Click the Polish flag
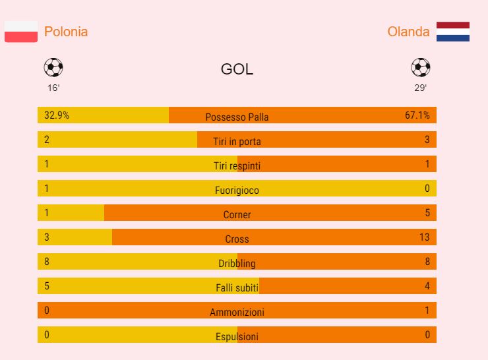coord(20,32)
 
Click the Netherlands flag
coord(453,32)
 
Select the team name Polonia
coord(66,32)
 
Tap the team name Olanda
coord(408,32)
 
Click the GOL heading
coord(237,70)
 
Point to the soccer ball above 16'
coord(53,67)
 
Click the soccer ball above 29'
coord(420,67)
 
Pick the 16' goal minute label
coord(53,88)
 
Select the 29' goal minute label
coord(420,88)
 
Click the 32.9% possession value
coord(57,115)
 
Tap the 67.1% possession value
coord(417,115)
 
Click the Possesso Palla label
coord(237,117)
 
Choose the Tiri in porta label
coord(237,142)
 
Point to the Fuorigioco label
coord(237,191)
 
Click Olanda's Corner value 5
coord(427,213)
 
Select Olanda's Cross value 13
coord(424,237)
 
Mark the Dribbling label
coord(237,264)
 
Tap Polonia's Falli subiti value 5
coord(47,286)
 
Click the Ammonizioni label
coord(237,313)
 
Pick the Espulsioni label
coord(237,337)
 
